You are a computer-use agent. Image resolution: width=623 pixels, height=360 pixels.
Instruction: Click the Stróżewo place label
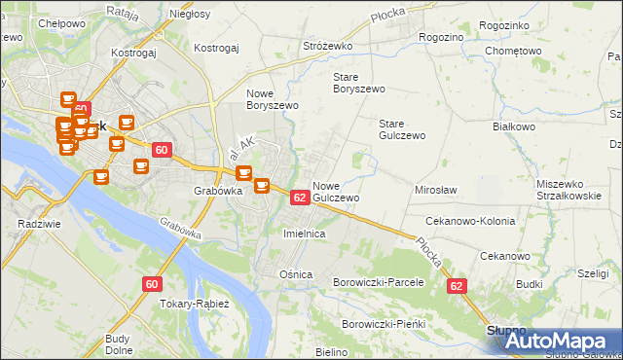click(x=325, y=46)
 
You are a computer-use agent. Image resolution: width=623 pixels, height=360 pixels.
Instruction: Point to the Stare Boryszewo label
click(x=359, y=82)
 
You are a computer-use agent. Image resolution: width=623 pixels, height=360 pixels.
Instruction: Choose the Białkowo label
click(x=515, y=126)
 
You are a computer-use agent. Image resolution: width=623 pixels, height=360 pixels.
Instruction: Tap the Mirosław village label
click(x=436, y=190)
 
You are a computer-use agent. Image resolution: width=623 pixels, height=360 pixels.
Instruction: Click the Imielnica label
click(x=303, y=234)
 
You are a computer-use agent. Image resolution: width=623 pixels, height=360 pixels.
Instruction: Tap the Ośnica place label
click(x=296, y=274)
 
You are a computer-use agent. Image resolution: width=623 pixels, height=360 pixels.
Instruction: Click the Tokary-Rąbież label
click(x=193, y=304)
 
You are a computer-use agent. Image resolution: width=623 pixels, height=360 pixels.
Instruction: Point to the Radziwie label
click(x=34, y=223)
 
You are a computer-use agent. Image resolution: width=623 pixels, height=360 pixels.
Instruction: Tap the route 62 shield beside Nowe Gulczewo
click(x=300, y=198)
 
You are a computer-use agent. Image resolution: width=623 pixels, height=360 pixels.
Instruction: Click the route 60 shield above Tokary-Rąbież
click(x=151, y=284)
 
